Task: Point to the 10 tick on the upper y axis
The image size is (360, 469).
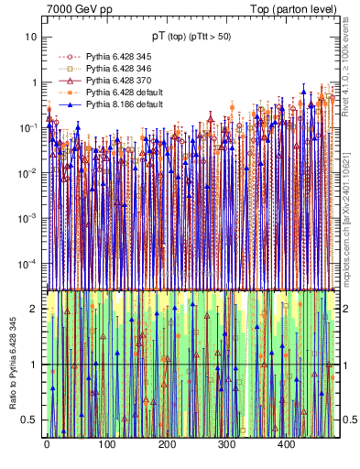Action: pyautogui.click(x=31, y=37)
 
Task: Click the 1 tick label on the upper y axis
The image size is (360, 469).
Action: pyautogui.click(x=34, y=82)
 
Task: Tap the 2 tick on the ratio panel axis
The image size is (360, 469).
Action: pyautogui.click(x=34, y=309)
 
